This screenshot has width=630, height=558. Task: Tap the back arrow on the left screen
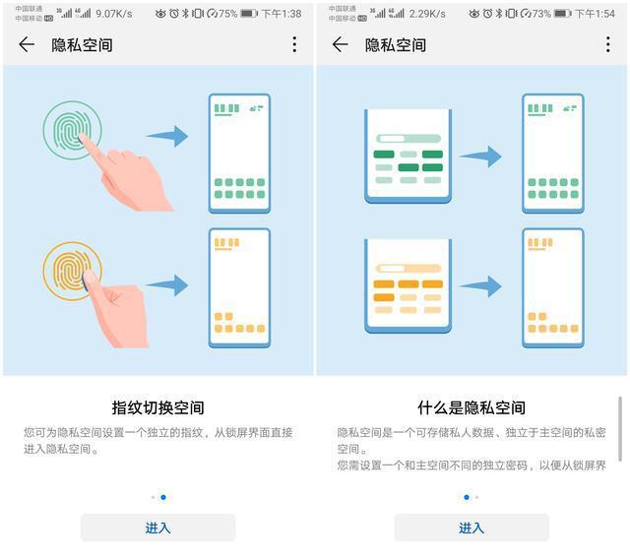point(27,44)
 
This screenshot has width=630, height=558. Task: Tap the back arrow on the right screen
point(341,44)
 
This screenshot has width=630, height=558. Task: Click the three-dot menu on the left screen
point(294,44)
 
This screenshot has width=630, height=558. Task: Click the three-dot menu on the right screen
point(608,44)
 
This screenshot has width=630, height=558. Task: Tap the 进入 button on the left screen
point(157,527)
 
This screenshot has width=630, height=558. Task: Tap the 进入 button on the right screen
point(472,527)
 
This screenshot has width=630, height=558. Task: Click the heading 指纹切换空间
point(157,407)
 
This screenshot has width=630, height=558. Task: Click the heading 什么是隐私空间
point(472,407)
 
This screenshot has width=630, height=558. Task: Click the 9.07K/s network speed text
point(115,14)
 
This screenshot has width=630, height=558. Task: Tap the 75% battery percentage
point(227,14)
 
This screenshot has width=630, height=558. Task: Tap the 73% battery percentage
point(541,14)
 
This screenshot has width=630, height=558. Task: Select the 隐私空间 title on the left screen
point(82,45)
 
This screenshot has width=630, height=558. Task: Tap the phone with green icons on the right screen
point(552,153)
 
